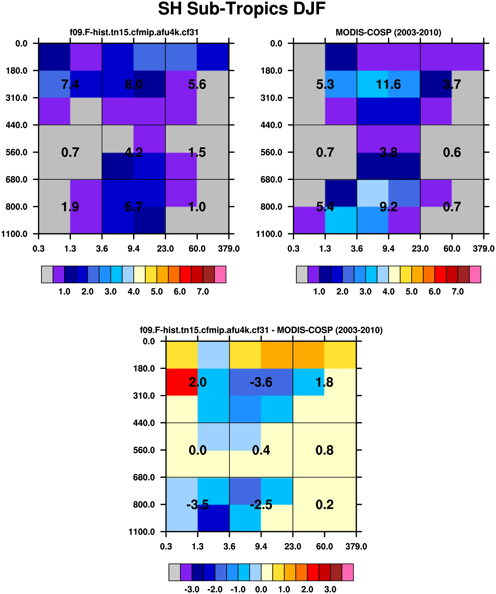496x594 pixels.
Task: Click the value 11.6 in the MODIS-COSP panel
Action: [388, 84]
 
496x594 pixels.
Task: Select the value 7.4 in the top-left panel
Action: [70, 84]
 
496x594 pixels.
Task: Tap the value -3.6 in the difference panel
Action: [261, 382]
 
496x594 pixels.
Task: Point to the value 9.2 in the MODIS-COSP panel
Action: [388, 207]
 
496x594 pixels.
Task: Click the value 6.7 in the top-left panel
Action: [133, 207]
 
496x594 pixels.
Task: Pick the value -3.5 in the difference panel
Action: [197, 505]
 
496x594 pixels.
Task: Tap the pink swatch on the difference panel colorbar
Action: [348, 572]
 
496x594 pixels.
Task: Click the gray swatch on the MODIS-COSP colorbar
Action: [302, 274]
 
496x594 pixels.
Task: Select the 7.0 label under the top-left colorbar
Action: [203, 291]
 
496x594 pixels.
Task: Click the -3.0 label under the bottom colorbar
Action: [192, 589]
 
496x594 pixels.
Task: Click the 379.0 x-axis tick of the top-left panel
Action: [229, 249]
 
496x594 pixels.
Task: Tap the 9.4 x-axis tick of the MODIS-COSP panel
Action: [388, 249]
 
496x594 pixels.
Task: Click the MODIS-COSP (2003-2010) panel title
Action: [388, 32]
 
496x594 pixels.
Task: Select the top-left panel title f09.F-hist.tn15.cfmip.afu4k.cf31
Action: [134, 32]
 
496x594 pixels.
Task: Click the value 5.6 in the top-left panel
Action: [197, 84]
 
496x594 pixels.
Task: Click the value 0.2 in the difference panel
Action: [324, 505]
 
